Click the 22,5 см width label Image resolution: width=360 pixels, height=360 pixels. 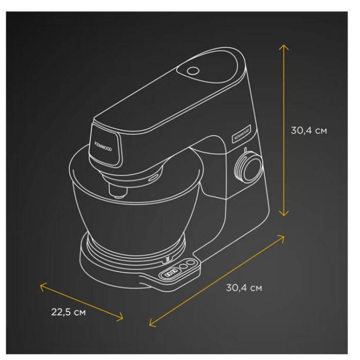68,312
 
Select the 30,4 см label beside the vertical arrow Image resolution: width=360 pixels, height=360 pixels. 309,131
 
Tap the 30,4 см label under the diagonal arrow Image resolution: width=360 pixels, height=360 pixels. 244,287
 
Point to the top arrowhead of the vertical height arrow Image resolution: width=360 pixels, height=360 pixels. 284,47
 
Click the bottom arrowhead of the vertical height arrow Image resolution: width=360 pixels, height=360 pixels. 284,213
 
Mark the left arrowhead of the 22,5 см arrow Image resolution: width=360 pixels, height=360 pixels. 43,286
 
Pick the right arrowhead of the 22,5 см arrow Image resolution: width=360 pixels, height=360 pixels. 120,317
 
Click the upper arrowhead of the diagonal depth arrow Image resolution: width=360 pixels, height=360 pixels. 281,238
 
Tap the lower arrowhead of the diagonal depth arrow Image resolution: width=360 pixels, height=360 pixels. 152,323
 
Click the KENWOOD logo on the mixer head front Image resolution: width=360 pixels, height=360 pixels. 103,147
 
